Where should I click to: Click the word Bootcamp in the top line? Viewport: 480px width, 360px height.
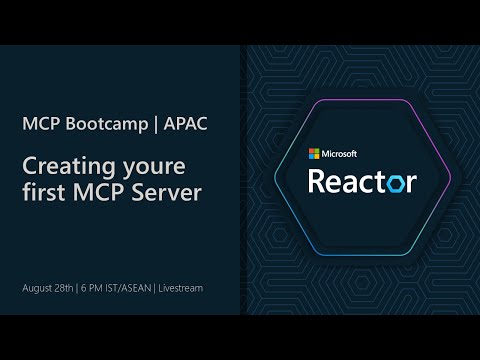102,125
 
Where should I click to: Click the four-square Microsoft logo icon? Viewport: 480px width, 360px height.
313,154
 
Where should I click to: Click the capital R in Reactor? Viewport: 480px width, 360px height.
319,181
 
